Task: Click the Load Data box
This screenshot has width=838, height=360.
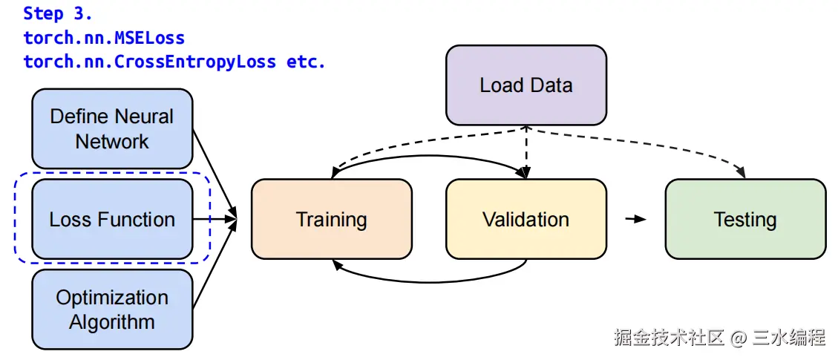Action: pyautogui.click(x=526, y=85)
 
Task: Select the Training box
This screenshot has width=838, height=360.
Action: pyautogui.click(x=331, y=219)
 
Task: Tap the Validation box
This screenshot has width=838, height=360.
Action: pyautogui.click(x=526, y=219)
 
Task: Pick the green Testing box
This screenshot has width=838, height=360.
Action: pyautogui.click(x=744, y=219)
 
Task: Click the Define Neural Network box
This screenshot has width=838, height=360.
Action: pyautogui.click(x=112, y=128)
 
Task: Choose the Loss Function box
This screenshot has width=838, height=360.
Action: pyautogui.click(x=112, y=219)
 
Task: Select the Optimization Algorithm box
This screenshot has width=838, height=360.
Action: pyautogui.click(x=112, y=310)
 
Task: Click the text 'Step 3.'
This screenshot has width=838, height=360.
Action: pyautogui.click(x=58, y=13)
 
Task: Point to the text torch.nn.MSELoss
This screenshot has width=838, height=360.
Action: pyautogui.click(x=104, y=38)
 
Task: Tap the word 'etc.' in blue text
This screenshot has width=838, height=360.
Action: pyautogui.click(x=306, y=62)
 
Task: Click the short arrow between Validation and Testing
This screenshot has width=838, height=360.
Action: pyautogui.click(x=635, y=219)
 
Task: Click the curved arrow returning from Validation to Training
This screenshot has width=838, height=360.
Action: pyautogui.click(x=431, y=281)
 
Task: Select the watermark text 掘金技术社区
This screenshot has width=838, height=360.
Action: pyautogui.click(x=669, y=338)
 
